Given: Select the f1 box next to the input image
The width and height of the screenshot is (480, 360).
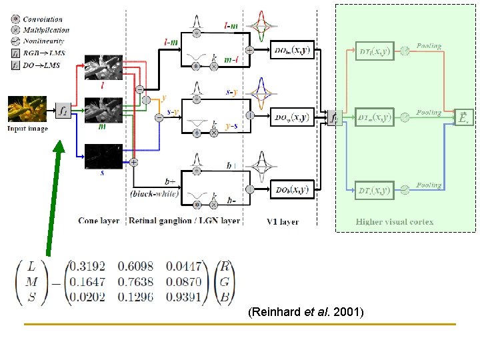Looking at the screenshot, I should click(63, 109).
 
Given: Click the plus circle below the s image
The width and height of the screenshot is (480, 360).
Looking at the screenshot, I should click(134, 162).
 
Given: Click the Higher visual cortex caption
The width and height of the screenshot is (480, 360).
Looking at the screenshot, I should click(395, 221).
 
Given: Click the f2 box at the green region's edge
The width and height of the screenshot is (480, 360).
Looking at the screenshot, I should click(335, 118).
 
